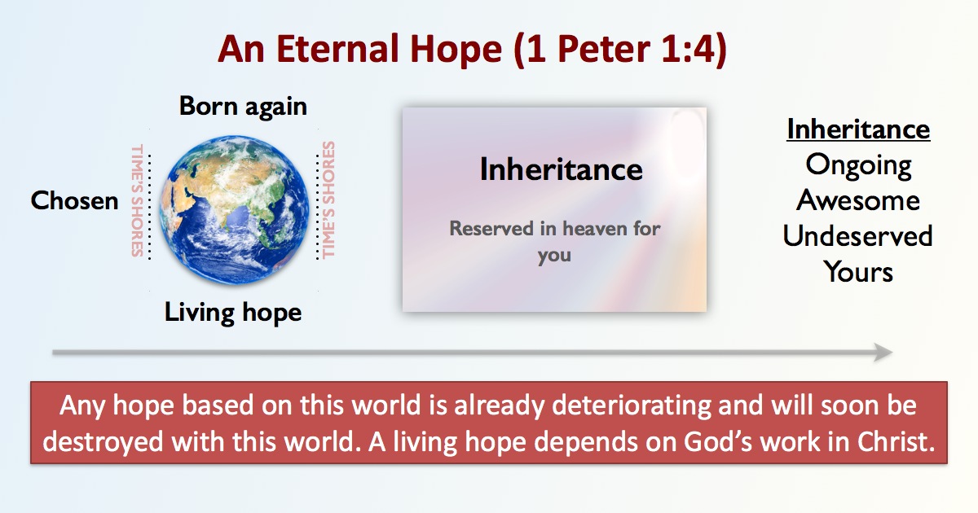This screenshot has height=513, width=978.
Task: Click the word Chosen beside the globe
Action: (x=74, y=200)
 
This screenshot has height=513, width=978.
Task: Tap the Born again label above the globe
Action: (x=243, y=106)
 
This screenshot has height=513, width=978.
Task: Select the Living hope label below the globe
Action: (x=233, y=313)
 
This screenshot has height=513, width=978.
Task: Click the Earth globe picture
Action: (x=234, y=210)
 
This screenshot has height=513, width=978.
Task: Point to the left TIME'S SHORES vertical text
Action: (x=138, y=200)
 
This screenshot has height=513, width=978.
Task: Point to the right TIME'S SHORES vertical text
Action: (x=328, y=199)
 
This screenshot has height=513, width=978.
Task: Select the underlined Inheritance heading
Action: (x=858, y=129)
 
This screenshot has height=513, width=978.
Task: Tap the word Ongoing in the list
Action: (x=858, y=165)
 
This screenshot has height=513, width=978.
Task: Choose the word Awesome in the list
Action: (x=858, y=200)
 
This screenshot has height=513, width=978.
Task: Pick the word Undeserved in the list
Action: (x=857, y=236)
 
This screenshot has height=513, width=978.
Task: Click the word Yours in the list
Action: (x=858, y=272)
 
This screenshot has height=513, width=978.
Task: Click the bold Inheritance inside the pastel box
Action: (x=561, y=169)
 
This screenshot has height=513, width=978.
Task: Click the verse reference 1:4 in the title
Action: (x=688, y=48)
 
